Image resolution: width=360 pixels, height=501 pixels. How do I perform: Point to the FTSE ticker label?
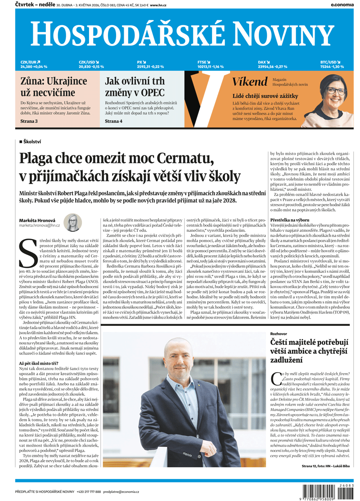coord(203,62)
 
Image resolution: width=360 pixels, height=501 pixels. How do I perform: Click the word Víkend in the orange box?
coord(249,82)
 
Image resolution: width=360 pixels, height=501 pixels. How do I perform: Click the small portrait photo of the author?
coord(72,222)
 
